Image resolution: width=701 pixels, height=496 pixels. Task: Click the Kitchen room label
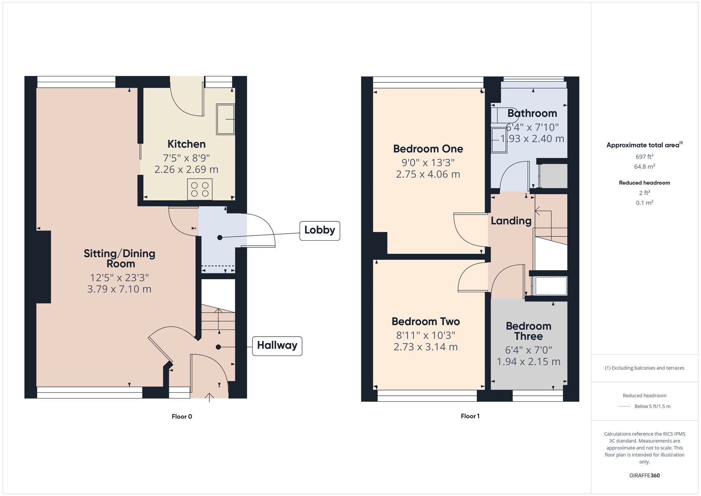(186, 144)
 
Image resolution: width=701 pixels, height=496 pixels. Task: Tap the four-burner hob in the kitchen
(200, 189)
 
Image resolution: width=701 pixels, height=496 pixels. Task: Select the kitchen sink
(225, 119)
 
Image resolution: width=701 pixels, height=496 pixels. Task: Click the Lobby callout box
(320, 230)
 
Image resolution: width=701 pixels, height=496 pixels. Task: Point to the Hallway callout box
(277, 346)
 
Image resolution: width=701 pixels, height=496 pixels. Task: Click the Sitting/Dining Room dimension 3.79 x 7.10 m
(119, 289)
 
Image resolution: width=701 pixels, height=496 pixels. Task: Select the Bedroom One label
(428, 149)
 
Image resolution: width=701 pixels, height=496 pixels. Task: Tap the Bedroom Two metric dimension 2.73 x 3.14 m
(426, 347)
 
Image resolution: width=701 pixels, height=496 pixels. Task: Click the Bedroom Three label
(529, 331)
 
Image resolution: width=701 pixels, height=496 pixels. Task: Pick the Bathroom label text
(532, 113)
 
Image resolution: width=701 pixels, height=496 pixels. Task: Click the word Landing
(511, 221)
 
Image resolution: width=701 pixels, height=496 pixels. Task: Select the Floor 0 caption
(182, 416)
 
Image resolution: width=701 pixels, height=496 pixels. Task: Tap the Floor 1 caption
(470, 416)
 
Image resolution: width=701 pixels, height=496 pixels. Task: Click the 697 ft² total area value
(645, 156)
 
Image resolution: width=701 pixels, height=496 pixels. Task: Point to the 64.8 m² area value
(645, 166)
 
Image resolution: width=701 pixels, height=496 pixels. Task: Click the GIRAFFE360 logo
(645, 476)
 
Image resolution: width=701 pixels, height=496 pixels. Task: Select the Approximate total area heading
(645, 145)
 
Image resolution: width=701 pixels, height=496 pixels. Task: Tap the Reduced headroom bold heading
(645, 183)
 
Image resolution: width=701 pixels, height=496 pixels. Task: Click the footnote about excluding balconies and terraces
(645, 368)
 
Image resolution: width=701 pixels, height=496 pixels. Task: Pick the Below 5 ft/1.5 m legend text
(652, 406)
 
